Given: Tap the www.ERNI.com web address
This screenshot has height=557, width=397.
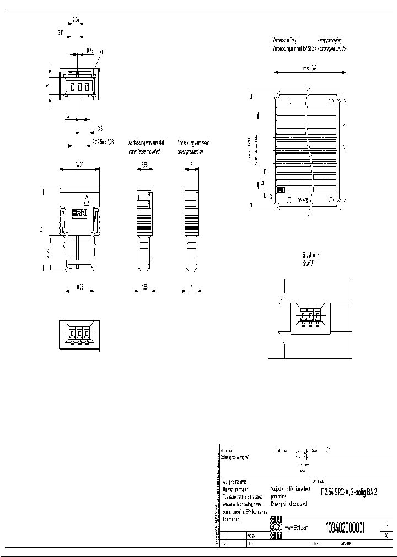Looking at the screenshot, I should tap(296, 527).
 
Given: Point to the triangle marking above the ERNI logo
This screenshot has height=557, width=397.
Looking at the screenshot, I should tap(85, 201).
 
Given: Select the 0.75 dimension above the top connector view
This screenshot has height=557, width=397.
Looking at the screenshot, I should tap(89, 51).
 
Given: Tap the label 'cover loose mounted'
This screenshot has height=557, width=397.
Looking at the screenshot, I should tap(144, 151).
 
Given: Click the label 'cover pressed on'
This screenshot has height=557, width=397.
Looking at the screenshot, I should tap(190, 151).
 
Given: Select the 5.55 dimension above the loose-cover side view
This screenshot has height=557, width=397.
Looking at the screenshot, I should tap(144, 164).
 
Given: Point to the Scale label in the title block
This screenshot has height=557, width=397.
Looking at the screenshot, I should tap(315, 450).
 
